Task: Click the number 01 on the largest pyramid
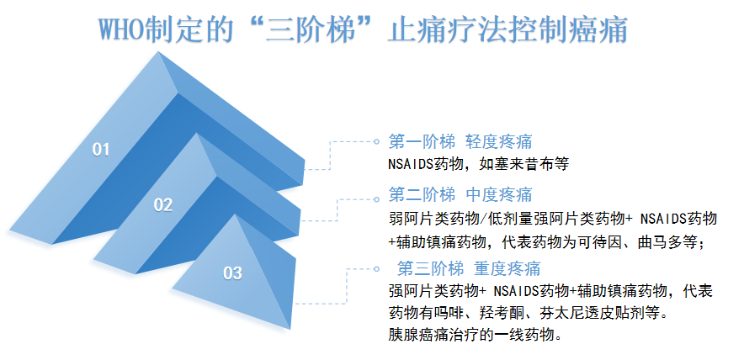pyautogui.click(x=101, y=150)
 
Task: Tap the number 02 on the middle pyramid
pyautogui.click(x=162, y=204)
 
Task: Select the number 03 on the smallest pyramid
pyautogui.click(x=232, y=273)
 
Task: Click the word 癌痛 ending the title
pyautogui.click(x=598, y=29)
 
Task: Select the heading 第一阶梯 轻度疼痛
pyautogui.click(x=460, y=141)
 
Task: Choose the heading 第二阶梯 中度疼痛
pyautogui.click(x=460, y=195)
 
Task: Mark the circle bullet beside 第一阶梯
pyautogui.click(x=376, y=141)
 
